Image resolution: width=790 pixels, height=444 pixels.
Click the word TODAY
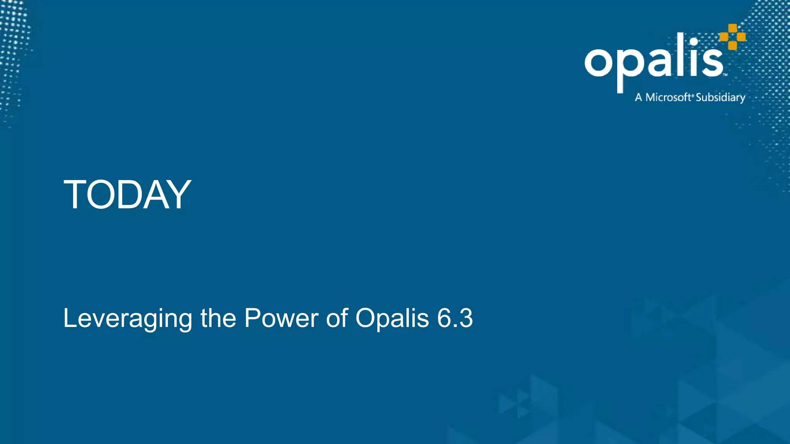tap(127, 195)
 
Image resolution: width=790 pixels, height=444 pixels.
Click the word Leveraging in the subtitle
tap(127, 319)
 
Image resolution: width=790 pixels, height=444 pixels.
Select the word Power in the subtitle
tap(282, 319)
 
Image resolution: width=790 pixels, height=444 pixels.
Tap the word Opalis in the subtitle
tap(392, 319)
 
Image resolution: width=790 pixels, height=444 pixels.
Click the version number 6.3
tap(455, 319)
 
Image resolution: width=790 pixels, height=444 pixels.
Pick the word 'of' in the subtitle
tap(337, 319)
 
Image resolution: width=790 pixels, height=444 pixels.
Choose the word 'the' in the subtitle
tap(218, 319)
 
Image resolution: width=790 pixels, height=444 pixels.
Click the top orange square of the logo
tap(733, 28)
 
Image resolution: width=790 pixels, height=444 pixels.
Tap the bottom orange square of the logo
tap(733, 45)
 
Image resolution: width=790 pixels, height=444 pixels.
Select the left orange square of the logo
tap(724, 37)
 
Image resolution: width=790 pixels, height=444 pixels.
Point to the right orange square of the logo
tap(741, 37)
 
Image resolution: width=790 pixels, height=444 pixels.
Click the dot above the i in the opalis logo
tap(694, 42)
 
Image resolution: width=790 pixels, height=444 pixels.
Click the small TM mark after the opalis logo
tap(725, 75)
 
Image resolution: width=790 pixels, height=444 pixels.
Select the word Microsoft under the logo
tap(668, 97)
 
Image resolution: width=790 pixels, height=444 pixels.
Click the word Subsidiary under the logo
tap(720, 98)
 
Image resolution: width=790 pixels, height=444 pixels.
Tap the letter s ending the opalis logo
tap(712, 62)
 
